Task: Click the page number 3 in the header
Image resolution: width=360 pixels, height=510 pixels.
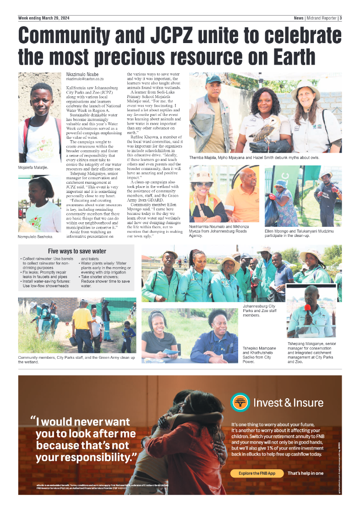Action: (x=341, y=18)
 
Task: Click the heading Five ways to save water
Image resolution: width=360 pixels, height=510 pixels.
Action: (x=77, y=251)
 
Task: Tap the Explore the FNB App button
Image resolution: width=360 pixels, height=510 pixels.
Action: (x=257, y=473)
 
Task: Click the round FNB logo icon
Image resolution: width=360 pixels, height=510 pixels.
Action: (x=240, y=403)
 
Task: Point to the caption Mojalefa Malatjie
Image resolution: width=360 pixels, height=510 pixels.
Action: (x=33, y=168)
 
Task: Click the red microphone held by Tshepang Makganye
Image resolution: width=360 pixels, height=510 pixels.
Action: (x=307, y=307)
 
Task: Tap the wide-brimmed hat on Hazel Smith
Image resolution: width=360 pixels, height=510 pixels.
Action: (x=305, y=88)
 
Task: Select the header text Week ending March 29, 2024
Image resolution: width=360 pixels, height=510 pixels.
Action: (x=43, y=18)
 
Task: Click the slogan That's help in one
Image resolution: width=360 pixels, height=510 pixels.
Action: (x=305, y=473)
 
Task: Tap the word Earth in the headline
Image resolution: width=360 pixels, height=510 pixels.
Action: (x=287, y=57)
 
